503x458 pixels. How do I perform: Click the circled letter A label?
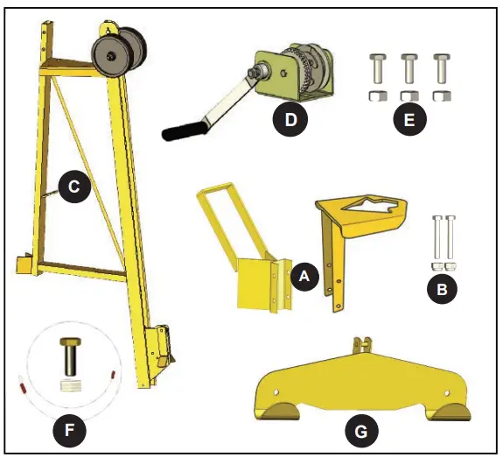304,276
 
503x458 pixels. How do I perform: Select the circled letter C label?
74,186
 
